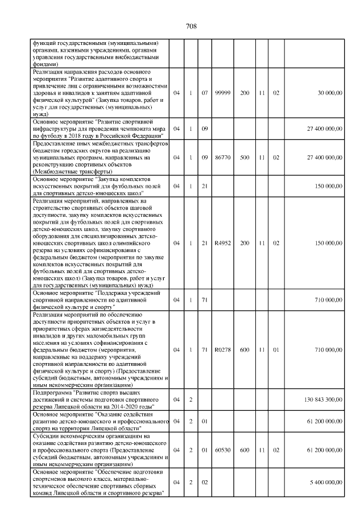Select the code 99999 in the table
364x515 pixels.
pos(222,92)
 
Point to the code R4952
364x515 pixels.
pos(222,243)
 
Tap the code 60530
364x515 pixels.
pos(222,450)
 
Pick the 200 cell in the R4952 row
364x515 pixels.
pos(245,243)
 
